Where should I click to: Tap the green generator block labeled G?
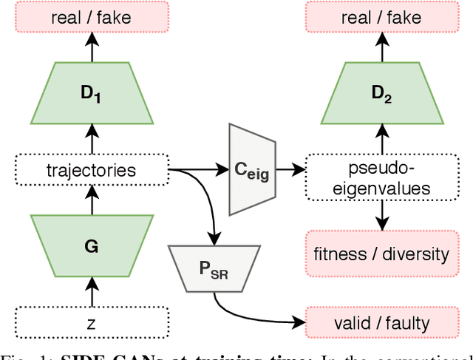[x=92, y=245]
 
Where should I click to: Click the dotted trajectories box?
[x=92, y=171]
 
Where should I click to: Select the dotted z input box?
[x=92, y=323]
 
